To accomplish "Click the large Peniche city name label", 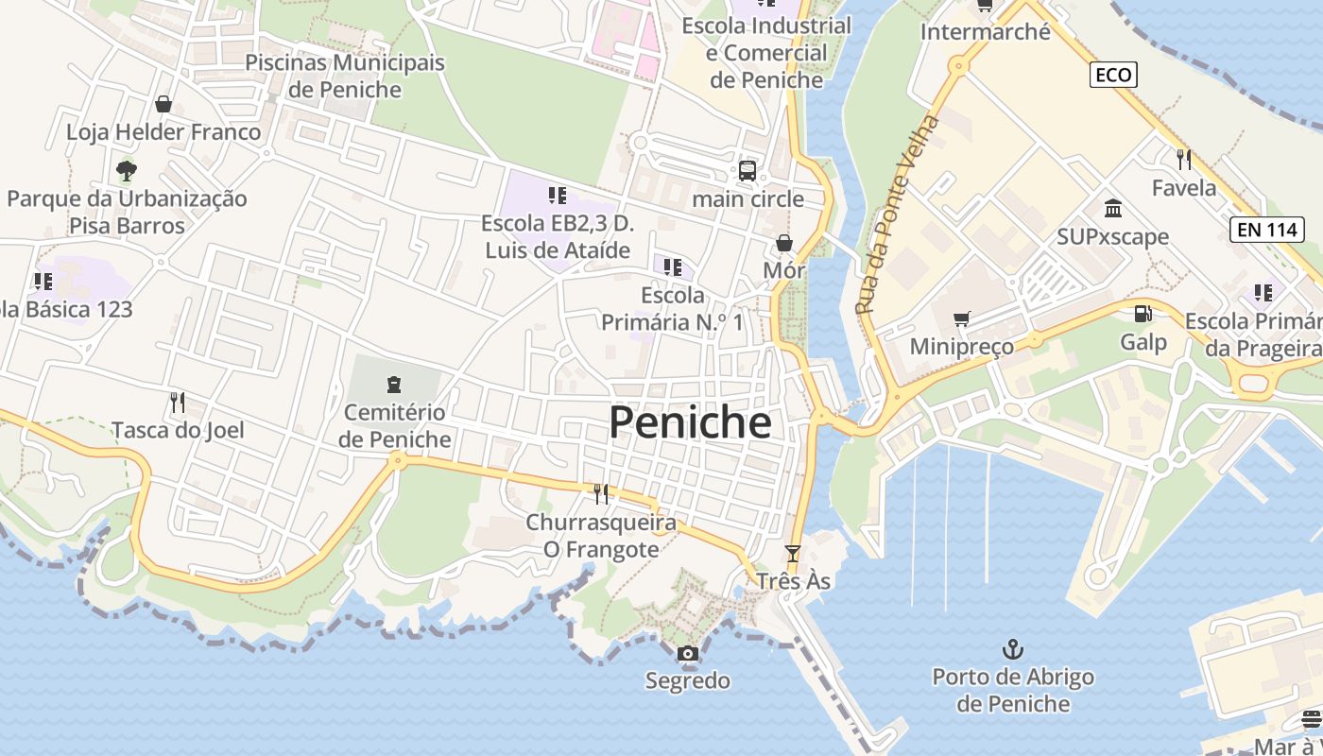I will (690, 422).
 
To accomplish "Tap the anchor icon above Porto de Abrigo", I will (1012, 649).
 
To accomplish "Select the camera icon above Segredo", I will (688, 653).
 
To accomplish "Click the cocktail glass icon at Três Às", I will (792, 554).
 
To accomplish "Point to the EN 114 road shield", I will (1267, 229).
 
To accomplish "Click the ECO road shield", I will (1112, 75).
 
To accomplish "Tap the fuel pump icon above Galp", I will (1143, 314).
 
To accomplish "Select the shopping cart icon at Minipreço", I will (961, 319).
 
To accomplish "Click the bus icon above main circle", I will (747, 171).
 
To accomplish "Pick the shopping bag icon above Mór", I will (783, 243).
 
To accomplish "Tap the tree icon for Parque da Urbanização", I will (127, 171).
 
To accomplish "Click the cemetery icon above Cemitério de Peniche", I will (394, 385).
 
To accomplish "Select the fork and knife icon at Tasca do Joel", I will (177, 403).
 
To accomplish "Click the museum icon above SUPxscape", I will (1112, 208).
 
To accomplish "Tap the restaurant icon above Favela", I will (1183, 159).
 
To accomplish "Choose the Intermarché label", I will (985, 32).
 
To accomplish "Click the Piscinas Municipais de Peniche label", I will (345, 76).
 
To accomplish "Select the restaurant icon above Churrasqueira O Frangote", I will (600, 493).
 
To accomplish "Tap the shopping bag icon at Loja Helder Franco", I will (163, 104).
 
